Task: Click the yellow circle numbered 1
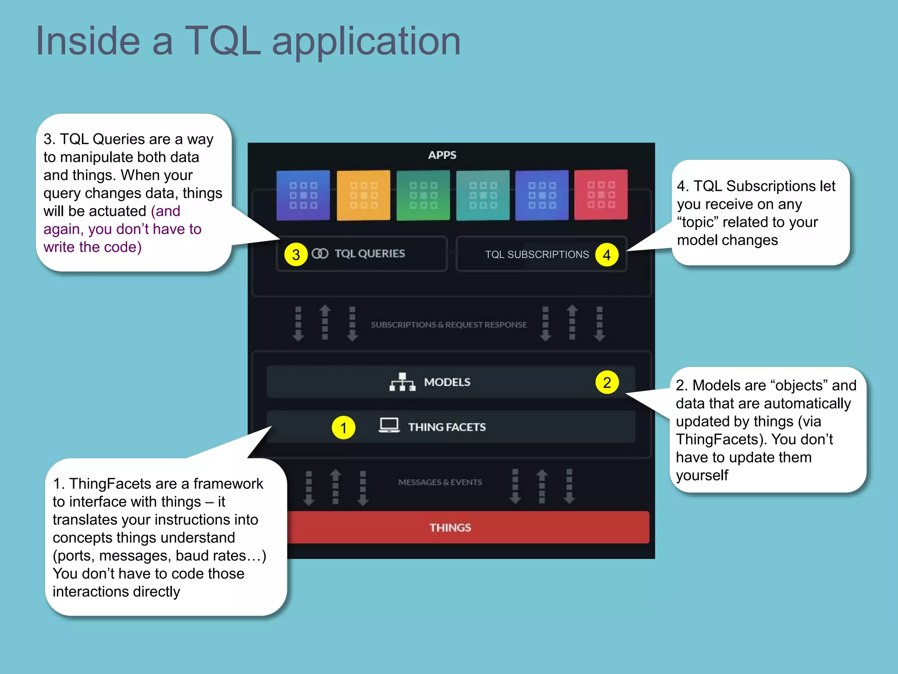343,427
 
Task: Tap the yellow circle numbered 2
607,382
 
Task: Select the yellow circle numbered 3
296,255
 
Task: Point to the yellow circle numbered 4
607,255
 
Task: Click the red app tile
601,195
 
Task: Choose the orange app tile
363,195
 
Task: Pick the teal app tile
483,195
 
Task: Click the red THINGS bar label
450,527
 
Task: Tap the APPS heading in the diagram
442,155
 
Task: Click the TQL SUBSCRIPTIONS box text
537,255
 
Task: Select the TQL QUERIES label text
370,254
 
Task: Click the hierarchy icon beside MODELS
402,382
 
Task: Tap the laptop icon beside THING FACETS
389,425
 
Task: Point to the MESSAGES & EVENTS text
440,482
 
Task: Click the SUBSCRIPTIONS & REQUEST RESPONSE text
449,325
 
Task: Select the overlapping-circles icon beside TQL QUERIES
320,254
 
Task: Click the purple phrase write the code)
93,247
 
